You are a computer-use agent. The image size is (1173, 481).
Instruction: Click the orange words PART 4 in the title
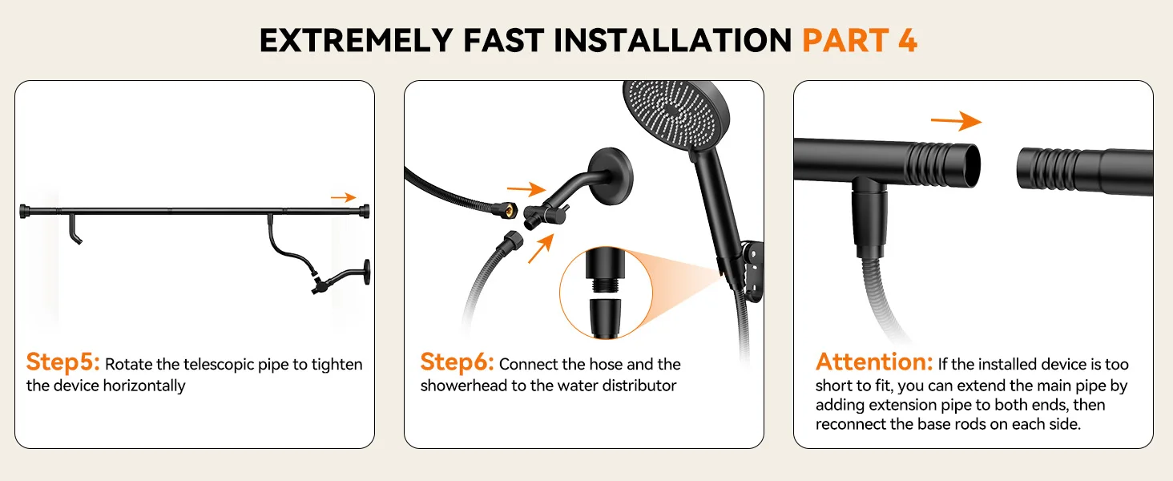point(860,40)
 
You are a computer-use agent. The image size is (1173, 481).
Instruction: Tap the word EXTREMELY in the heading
point(356,40)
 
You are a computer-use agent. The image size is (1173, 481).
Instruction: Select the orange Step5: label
point(62,362)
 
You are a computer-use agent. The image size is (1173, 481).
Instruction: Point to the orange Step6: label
point(458,362)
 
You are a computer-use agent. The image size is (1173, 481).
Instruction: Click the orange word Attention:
point(874,362)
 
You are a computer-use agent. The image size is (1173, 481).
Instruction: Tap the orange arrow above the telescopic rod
point(344,197)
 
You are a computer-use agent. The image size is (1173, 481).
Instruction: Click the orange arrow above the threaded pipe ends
point(956,121)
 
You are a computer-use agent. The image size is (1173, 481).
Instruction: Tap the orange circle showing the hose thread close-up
point(606,293)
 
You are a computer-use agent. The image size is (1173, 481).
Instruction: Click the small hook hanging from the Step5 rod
point(75,229)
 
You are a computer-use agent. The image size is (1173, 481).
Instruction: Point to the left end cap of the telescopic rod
point(23,211)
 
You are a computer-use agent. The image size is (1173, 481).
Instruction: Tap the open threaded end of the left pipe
point(970,165)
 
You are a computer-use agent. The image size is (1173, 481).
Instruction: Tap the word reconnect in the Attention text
point(850,424)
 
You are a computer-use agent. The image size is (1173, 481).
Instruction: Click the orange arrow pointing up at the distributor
point(540,249)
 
